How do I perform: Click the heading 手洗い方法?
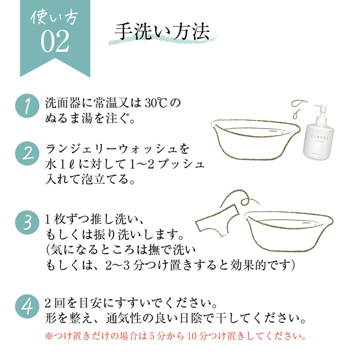(x=162, y=31)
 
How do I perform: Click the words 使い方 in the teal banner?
(x=55, y=18)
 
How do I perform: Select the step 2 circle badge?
(x=27, y=153)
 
